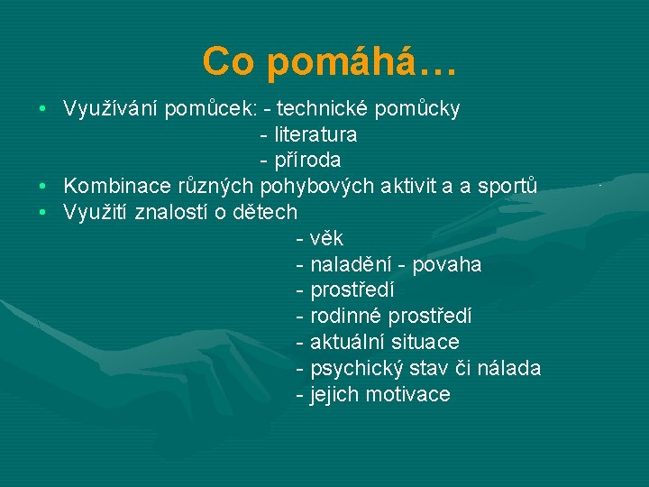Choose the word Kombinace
pyautogui.click(x=114, y=187)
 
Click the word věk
pyautogui.click(x=326, y=239)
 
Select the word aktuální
pyautogui.click(x=348, y=343)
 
